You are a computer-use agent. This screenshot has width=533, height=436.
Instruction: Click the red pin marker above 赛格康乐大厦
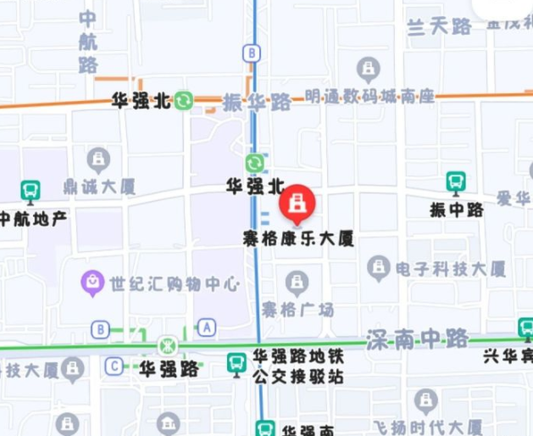(x=297, y=204)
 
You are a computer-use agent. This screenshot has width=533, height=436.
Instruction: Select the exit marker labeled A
(x=207, y=327)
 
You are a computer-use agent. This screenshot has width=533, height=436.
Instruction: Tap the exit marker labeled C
(x=113, y=366)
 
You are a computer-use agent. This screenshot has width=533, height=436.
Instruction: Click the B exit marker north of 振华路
(x=251, y=53)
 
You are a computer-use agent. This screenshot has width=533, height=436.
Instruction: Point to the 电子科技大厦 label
(x=451, y=270)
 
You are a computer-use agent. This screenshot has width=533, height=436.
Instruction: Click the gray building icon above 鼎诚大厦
(x=99, y=159)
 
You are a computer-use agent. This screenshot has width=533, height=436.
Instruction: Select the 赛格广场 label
(x=297, y=308)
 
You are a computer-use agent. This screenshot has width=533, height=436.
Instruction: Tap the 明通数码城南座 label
(x=369, y=97)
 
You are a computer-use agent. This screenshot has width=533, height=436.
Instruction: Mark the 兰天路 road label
(x=439, y=27)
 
